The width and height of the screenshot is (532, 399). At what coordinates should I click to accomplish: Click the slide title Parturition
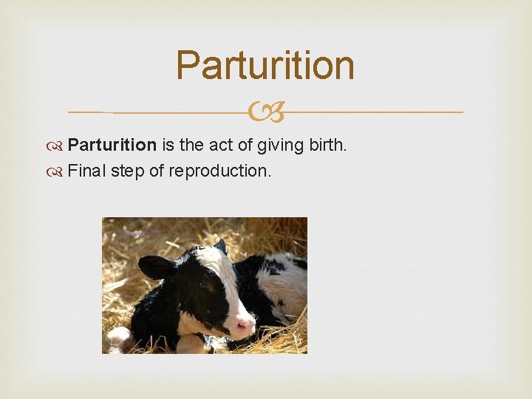coord(265,65)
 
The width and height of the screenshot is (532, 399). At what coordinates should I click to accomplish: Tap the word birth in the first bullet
coord(327,145)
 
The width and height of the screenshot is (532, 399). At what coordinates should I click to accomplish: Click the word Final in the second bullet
coord(85,171)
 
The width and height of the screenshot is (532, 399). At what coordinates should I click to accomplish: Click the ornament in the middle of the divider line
coord(265,112)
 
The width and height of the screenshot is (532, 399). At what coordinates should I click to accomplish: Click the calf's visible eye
coord(202,284)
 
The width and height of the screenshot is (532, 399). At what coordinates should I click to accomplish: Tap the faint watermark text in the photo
coord(137,233)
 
